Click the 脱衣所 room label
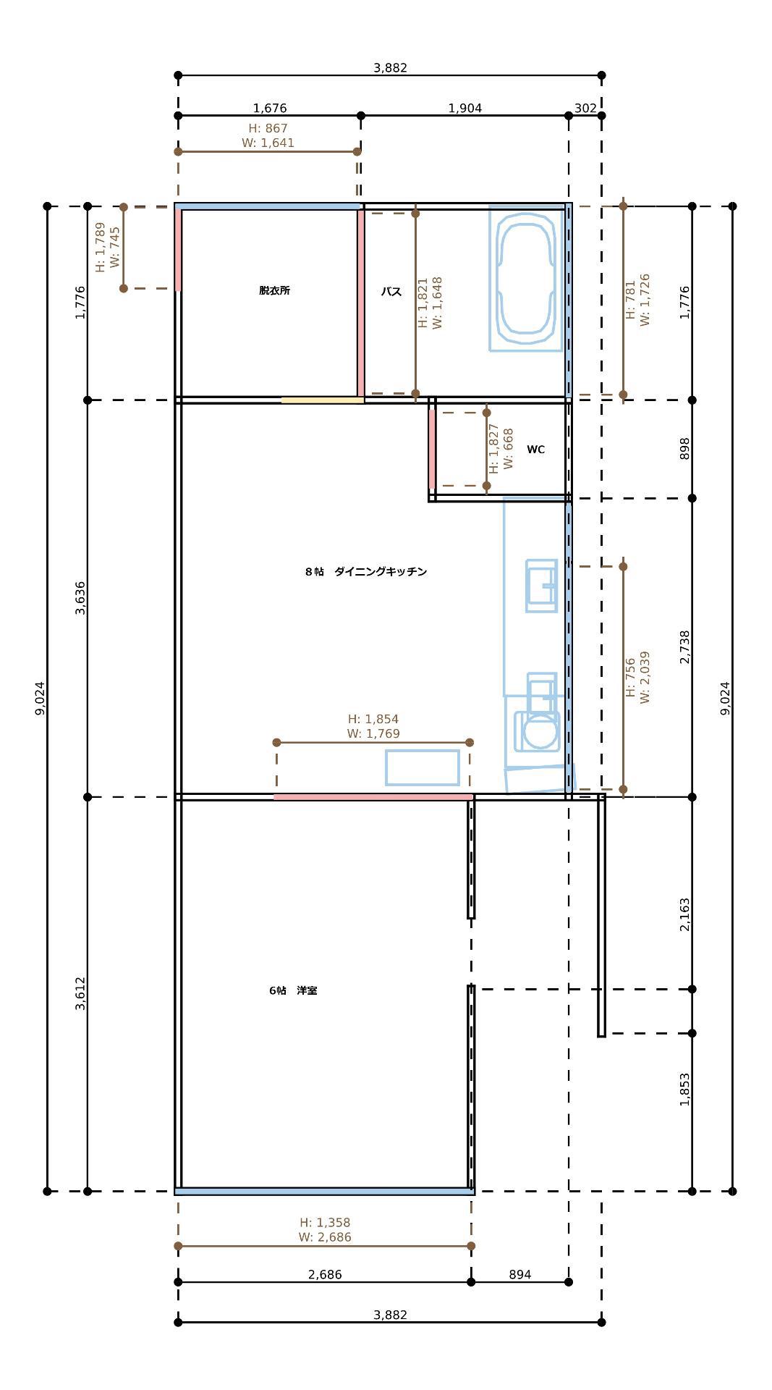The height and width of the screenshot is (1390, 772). coord(275,290)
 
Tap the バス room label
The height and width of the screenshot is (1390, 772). coord(391,292)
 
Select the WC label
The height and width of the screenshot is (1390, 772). coord(535,450)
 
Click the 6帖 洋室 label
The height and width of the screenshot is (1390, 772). coord(293,990)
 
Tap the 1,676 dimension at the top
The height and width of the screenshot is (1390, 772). coord(270,109)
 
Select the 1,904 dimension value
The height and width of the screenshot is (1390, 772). coord(465,109)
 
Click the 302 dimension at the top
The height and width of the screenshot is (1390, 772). coord(585,109)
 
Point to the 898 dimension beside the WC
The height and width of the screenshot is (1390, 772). coord(685,448)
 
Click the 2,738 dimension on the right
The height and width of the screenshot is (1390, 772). coord(685,647)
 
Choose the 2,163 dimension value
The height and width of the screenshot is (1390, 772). coord(685,915)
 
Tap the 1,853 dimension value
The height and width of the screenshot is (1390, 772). coord(685,1090)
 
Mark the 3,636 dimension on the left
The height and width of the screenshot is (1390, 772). coord(80,598)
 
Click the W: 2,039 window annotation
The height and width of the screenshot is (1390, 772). coord(645,678)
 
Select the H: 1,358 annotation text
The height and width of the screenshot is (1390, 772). coord(325,1222)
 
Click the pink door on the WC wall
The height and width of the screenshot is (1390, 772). coord(432,450)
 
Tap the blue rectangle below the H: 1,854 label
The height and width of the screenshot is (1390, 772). coord(423,767)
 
